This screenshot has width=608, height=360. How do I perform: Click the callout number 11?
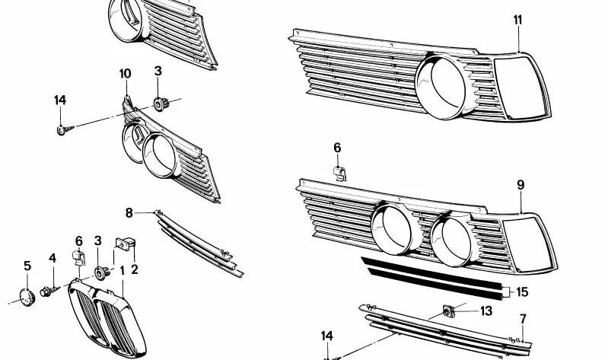tap(517, 20)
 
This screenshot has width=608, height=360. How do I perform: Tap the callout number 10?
tap(125, 74)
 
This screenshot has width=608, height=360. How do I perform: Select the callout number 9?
tap(520, 185)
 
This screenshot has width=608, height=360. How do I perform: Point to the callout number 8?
tap(129, 212)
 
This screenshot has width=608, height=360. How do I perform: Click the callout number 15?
tap(522, 292)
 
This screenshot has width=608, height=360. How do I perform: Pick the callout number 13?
tap(486, 311)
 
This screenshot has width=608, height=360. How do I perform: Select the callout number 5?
tap(27, 266)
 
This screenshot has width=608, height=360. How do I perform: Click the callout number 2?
tap(135, 268)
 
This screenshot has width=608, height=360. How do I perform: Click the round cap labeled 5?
tap(26, 295)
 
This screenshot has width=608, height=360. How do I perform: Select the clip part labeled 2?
tap(125, 244)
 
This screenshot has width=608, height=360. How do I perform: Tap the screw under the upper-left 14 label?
tap(62, 130)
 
